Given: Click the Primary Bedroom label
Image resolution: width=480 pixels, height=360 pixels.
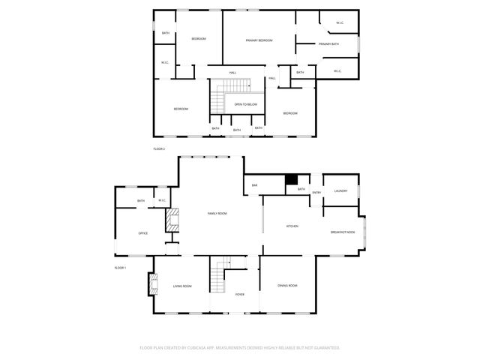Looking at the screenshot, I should click(259, 40).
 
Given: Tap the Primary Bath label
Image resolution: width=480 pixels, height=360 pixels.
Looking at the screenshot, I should click(328, 44).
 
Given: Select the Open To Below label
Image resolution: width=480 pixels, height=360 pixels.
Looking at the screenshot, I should click(246, 104).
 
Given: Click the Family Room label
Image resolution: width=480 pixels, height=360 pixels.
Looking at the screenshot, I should click(217, 214).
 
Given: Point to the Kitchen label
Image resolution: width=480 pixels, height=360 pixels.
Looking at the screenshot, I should click(293, 226).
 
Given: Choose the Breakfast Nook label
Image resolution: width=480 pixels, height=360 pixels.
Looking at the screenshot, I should click(343, 232).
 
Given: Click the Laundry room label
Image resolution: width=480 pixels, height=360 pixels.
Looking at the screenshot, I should click(341, 191).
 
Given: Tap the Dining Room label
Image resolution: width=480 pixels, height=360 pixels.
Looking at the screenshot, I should click(288, 286).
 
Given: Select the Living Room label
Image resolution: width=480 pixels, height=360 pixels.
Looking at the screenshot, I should click(182, 286).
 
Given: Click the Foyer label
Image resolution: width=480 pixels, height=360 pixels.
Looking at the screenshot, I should click(240, 294).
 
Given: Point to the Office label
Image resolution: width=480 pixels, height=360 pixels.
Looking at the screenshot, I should click(142, 233).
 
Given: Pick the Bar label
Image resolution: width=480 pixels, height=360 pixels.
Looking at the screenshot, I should click(255, 184).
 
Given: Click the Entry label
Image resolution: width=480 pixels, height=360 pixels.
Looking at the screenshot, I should click(316, 193).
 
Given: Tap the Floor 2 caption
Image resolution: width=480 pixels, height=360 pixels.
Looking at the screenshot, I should click(159, 149).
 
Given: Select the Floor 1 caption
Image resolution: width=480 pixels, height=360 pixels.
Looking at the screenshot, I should click(120, 268).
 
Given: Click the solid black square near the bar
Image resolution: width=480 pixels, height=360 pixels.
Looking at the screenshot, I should click(292, 180).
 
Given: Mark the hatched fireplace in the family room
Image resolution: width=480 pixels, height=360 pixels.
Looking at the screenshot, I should click(173, 220).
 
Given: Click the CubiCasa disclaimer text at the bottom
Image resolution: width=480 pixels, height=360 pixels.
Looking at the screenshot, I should click(240, 348).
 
